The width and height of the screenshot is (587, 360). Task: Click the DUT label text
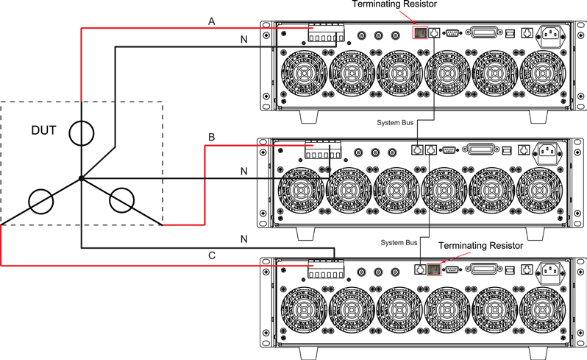coord(43,130)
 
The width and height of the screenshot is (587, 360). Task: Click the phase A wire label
coord(212,22)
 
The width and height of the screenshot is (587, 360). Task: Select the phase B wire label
coord(212,137)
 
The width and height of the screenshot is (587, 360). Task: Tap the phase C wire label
coord(212,255)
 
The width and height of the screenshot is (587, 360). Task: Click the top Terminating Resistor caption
coord(394,4)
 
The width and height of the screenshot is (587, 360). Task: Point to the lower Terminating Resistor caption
coord(480,246)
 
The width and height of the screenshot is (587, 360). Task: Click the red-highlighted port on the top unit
coord(420,32)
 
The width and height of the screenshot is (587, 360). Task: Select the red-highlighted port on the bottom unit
coord(434,269)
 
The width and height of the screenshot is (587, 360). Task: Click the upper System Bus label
coord(395,123)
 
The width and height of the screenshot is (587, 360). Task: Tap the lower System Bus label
coord(399,243)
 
